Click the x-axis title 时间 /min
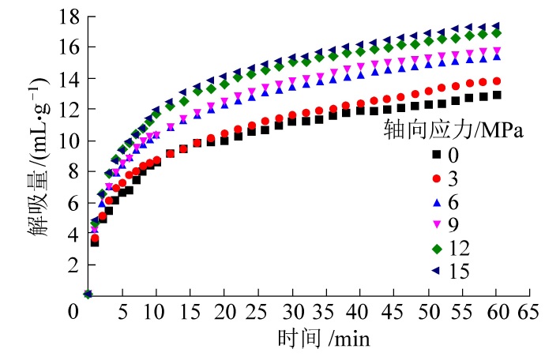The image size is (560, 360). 324,339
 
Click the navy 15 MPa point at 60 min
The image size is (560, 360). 496,26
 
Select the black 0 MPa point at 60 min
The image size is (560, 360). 496,95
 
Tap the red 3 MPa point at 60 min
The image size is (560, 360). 496,81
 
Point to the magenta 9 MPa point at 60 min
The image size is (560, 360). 496,51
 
